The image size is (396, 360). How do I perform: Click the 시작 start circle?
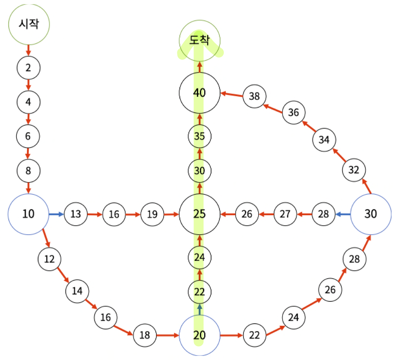coord(29,24)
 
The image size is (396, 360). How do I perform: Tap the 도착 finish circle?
coord(200,40)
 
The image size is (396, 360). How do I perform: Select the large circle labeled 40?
coord(200,93)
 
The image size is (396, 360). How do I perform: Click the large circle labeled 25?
coord(200,214)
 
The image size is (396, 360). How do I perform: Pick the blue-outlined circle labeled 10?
coord(28,214)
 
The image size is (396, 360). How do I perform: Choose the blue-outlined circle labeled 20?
coord(200,335)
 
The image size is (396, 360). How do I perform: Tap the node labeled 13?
coord(76,214)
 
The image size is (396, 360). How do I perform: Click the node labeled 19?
coord(153,214)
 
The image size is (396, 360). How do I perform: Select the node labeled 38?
coord(254,96)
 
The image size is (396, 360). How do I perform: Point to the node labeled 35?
coord(200,136)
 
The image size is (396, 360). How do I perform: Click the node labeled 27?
coord(285,214)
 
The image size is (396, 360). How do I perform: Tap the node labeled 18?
coord(145,335)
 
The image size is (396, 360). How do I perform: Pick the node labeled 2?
coord(28,67)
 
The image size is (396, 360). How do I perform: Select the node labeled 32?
coord(354,170)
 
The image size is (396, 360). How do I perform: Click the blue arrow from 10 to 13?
coord(56,214)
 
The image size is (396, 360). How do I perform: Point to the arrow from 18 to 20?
coord(168,335)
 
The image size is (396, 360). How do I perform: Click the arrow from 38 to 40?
coord(232,94)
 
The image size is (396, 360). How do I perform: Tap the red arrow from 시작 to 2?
coord(28,50)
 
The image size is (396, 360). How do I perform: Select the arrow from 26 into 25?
coord(228,214)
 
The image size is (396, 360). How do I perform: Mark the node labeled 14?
coord(77,291)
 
